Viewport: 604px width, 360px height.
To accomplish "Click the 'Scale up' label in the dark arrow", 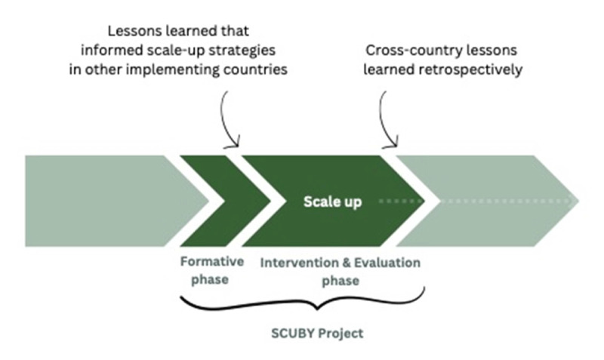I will click(x=332, y=202).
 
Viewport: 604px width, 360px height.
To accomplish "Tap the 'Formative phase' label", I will click(x=211, y=271).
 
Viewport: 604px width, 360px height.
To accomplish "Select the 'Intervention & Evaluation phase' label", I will click(x=340, y=271).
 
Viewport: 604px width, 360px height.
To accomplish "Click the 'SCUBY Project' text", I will click(x=303, y=333).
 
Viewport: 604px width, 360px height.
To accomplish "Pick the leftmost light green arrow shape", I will click(x=106, y=202).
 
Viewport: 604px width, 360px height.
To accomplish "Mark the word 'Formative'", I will click(x=211, y=263).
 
